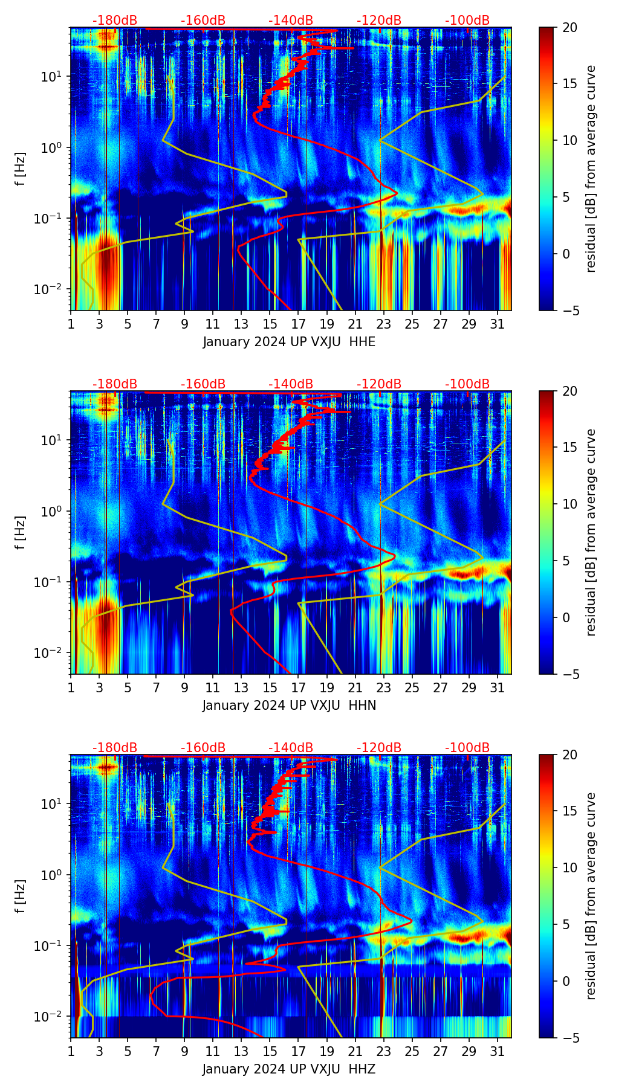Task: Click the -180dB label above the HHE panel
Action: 115,21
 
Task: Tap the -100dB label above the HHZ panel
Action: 467,748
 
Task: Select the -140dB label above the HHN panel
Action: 291,384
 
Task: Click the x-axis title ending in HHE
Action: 289,342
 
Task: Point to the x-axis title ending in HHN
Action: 289,706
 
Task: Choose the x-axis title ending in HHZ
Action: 289,1069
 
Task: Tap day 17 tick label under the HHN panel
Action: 299,687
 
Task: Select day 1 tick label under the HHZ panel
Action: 71,1051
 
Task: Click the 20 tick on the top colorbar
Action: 569,28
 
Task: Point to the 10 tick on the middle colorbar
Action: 569,504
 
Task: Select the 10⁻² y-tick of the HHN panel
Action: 53,653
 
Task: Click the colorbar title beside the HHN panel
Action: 591,532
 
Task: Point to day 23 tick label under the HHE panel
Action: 384,324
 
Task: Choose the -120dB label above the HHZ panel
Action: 379,748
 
